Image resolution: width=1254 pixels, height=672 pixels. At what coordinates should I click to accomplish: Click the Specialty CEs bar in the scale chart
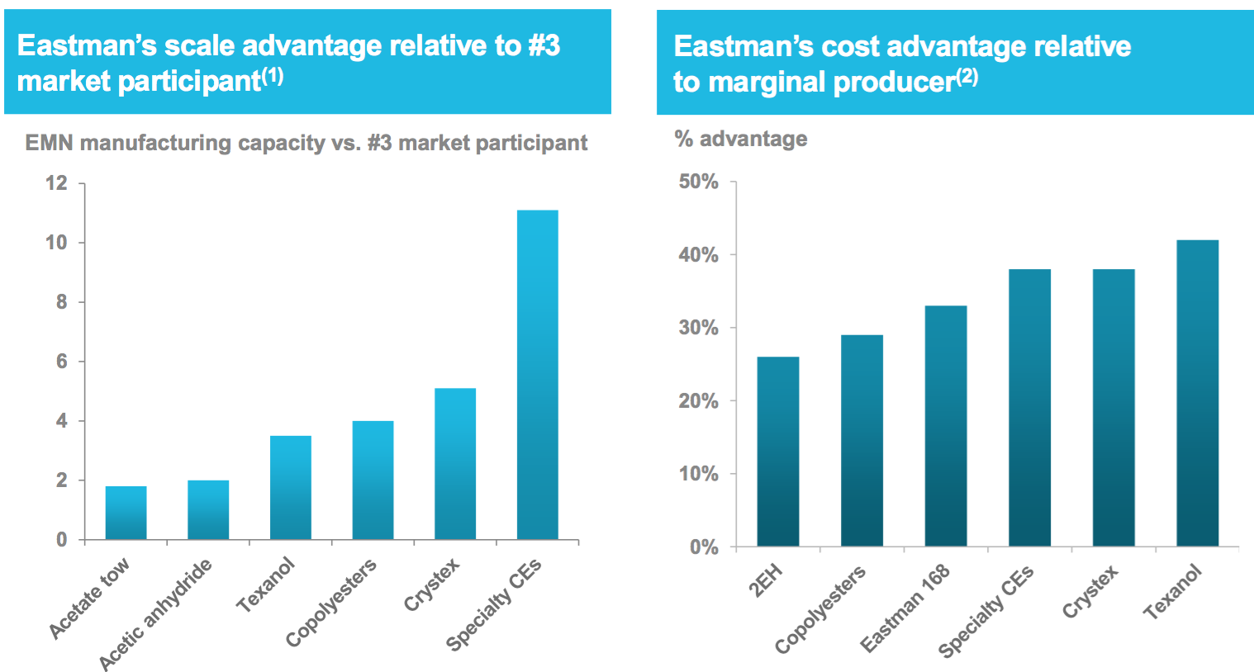point(537,376)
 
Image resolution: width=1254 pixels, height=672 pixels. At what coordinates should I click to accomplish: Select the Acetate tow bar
point(126,513)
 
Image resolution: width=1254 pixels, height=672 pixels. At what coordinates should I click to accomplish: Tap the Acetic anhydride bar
point(208,510)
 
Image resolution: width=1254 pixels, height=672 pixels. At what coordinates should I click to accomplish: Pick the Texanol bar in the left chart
point(291,488)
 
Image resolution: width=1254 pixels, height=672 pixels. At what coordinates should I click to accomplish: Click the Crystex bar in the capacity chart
point(455,464)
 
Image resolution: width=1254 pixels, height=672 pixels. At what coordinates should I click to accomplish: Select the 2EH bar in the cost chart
point(777,452)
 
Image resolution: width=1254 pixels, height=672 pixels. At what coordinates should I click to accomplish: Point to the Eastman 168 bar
point(946,426)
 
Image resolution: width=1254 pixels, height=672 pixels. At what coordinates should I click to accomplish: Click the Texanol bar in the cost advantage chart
point(1197,393)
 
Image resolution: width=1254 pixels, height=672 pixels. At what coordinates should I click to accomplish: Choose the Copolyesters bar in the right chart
point(862,441)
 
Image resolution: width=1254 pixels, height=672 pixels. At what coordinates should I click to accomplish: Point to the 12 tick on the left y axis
point(56,183)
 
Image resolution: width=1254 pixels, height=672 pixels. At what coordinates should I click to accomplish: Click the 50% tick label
point(698,182)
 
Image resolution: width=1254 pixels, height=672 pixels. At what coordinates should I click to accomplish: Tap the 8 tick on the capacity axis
point(61,302)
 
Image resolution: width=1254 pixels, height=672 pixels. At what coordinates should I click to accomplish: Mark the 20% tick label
point(698,401)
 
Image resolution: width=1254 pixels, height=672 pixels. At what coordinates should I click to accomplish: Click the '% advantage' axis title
point(741,139)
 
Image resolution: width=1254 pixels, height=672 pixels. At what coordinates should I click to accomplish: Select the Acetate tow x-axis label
point(89,599)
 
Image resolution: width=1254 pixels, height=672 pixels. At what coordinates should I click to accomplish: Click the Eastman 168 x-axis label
point(905,608)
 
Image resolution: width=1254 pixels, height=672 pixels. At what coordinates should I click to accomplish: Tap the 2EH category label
point(765,581)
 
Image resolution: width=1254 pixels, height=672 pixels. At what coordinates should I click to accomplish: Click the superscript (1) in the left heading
point(273,77)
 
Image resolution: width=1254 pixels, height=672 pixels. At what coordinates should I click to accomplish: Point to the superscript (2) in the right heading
point(967,78)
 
